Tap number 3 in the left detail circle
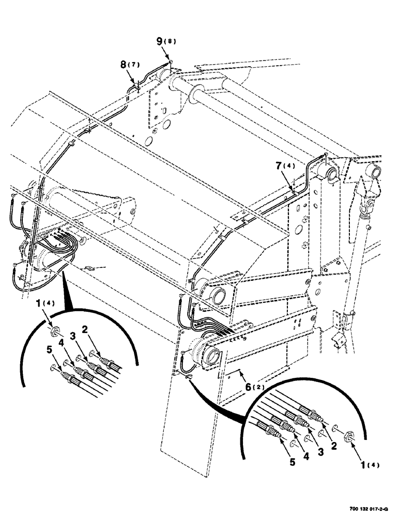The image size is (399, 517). coord(74,336)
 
